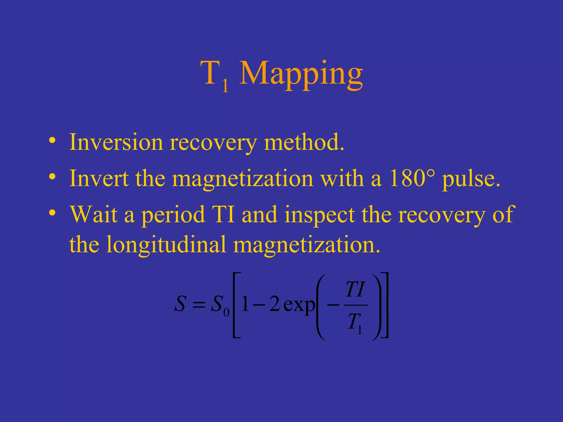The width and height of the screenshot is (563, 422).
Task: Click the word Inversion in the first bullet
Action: (x=116, y=142)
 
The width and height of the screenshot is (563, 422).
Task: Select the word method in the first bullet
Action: (x=304, y=142)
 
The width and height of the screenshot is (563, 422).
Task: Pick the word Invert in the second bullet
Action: (x=99, y=179)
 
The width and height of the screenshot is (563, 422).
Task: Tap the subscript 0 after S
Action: (x=226, y=312)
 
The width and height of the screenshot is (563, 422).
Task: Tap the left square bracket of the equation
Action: (x=236, y=305)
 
